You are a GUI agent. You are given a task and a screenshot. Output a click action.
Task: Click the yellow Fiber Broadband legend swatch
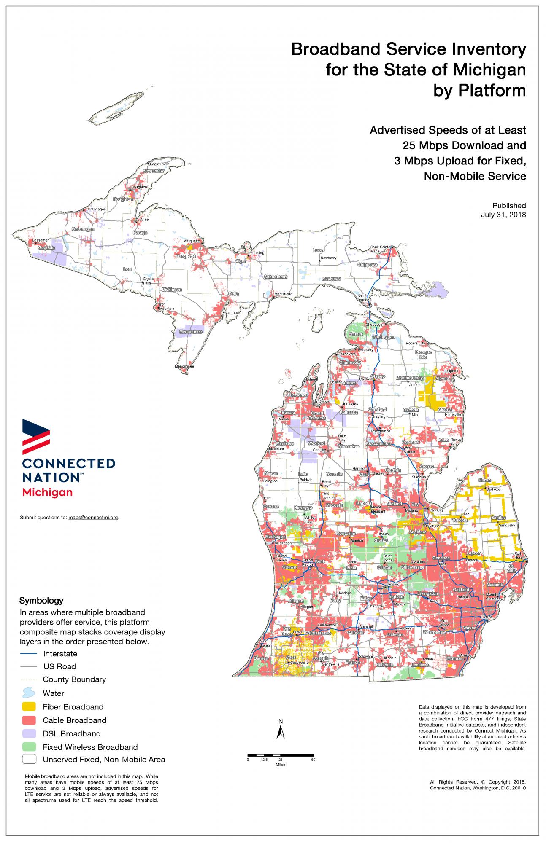tap(29, 707)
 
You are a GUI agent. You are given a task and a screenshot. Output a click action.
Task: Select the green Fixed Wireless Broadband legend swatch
tap(29, 747)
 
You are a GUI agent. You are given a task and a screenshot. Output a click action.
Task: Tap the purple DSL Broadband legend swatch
tap(29, 734)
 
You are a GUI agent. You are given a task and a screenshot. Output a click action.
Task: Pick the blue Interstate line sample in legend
tap(29, 654)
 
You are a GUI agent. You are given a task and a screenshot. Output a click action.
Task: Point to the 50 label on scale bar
tap(313, 760)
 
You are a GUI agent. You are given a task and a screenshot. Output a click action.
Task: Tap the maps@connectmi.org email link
tap(93, 517)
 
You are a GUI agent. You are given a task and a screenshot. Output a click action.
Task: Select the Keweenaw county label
tap(153, 171)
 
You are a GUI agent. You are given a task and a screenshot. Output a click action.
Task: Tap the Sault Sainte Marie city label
tap(381, 249)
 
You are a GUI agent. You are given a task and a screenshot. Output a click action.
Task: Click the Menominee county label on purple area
tap(191, 332)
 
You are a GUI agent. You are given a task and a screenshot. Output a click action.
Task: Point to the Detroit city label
tap(487, 617)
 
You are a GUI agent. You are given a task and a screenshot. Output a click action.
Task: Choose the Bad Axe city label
tap(493, 489)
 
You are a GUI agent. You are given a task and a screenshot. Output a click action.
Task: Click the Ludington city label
tap(270, 481)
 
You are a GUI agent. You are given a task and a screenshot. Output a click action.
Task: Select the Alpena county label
tap(442, 379)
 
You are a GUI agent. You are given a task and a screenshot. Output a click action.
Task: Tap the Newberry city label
tap(328, 258)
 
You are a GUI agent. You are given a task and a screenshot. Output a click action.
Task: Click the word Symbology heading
tap(41, 600)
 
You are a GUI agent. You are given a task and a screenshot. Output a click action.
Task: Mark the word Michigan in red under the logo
tap(47, 492)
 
